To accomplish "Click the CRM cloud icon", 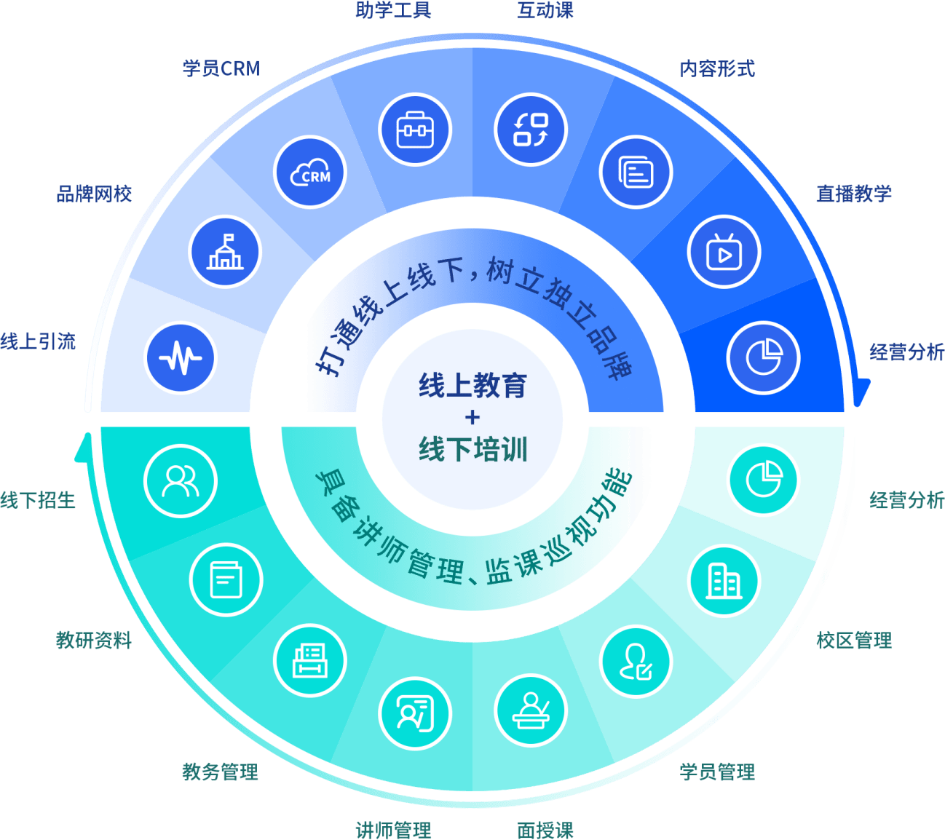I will coord(310,173).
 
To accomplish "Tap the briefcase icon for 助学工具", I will coord(415,130).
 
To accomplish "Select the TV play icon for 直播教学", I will coord(724,253).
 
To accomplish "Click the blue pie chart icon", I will coord(763,357).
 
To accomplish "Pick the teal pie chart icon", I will coord(764,480).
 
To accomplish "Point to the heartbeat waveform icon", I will coord(181,357).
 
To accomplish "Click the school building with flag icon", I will coord(225,252).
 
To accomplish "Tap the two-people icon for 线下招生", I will coord(181,481).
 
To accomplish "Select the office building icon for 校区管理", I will coord(724,582).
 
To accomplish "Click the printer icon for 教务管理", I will coord(310,661).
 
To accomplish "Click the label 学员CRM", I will coord(221,68).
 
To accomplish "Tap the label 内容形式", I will coord(717,68).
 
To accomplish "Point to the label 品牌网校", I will coord(95,194).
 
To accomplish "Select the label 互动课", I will coord(545,10).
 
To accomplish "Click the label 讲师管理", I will coord(393,830).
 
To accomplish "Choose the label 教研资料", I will coord(95,641).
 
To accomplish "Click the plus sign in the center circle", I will coord(472,417).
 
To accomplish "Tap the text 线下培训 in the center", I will coord(472,449).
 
